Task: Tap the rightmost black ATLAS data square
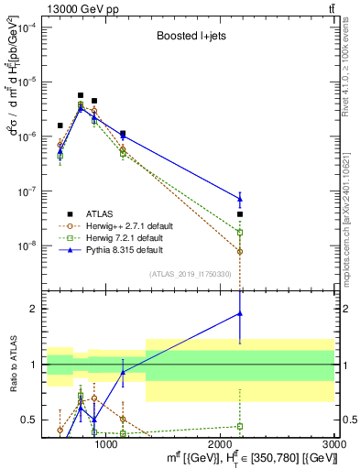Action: point(240,214)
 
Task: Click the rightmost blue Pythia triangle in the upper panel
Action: point(240,199)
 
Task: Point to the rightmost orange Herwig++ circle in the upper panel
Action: point(240,251)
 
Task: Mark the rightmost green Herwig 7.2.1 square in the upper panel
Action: point(240,233)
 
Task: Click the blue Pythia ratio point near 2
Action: point(240,313)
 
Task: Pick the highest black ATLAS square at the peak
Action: point(81,95)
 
